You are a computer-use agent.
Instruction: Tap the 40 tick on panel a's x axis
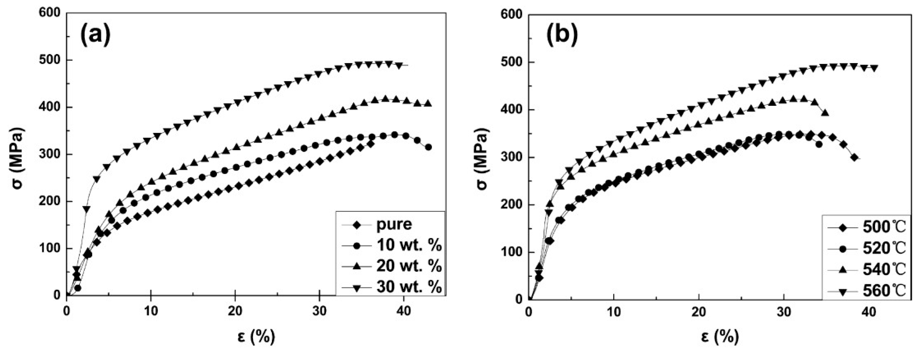[x=403, y=311]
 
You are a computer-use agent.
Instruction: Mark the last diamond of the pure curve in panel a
[x=371, y=144]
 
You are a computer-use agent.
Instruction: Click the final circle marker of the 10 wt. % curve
[x=429, y=147]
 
